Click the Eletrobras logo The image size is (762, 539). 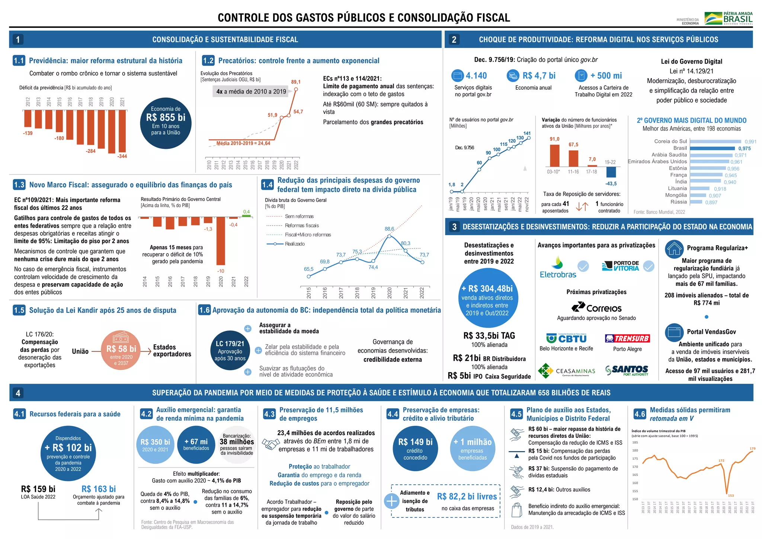[x=558, y=267]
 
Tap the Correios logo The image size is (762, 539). [x=596, y=307]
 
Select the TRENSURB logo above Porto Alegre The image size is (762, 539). [x=627, y=338]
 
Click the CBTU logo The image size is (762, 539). [x=566, y=338]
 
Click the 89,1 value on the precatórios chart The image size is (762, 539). [x=296, y=82]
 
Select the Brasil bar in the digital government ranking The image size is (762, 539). [x=712, y=148]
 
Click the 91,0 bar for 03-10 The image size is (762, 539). [x=554, y=155]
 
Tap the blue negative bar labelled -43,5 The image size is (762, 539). [x=611, y=172]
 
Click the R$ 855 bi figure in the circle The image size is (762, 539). [x=166, y=118]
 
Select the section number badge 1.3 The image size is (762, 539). [x=19, y=185]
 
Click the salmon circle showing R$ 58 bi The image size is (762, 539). [x=121, y=350]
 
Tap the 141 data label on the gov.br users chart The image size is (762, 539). [x=527, y=133]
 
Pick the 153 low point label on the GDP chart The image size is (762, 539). [x=731, y=495]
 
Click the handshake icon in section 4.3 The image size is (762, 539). [x=270, y=443]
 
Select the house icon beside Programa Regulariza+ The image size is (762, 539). [x=674, y=249]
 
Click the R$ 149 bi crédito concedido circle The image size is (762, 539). [x=415, y=447]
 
